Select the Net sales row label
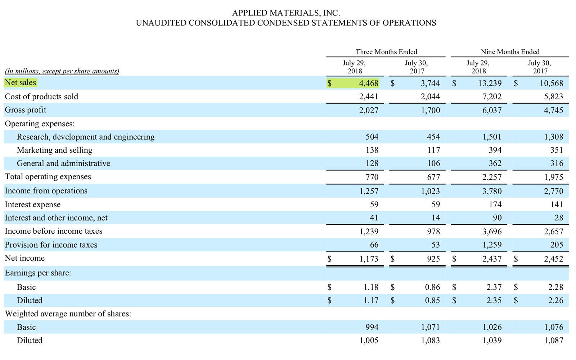point(21,83)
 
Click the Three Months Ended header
point(386,52)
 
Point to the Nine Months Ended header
point(510,52)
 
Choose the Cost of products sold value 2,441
point(369,96)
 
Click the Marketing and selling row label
point(54,150)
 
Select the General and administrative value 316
point(557,163)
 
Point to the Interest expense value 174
point(495,204)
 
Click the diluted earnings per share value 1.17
point(371,301)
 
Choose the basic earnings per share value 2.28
point(555,287)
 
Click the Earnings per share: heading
point(38,273)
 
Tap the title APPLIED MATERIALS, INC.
point(286,13)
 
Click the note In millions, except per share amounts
point(62,71)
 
